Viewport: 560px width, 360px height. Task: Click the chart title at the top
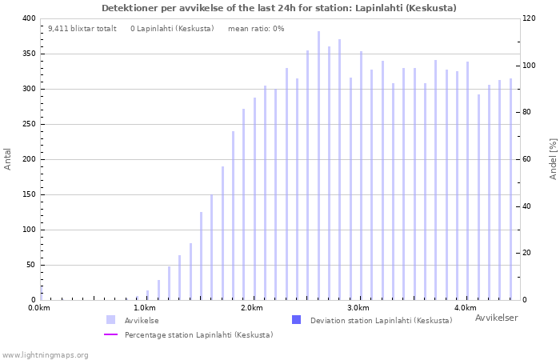pos(279,8)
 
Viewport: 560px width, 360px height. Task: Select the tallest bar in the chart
pos(318,166)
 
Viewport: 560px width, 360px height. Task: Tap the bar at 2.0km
pos(254,199)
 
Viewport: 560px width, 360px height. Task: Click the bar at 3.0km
pos(361,176)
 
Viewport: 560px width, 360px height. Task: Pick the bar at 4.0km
pos(467,181)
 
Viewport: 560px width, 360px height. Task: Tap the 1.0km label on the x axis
pos(146,308)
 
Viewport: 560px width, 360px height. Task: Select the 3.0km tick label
pos(359,308)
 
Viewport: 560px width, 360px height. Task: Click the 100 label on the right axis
pos(529,66)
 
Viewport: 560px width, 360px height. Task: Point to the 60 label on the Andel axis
pos(527,159)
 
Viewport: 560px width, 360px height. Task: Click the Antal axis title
pos(7,159)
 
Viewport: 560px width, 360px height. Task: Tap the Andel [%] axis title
pos(553,159)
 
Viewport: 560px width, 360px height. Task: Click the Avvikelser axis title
pos(497,318)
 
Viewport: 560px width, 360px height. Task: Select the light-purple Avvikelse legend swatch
pos(110,320)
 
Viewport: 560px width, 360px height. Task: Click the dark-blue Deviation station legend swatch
pos(297,320)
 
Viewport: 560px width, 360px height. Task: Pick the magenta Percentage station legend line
pos(110,334)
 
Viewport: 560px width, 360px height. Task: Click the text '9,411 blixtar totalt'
pos(82,29)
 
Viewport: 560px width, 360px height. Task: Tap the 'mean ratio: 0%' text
pos(256,29)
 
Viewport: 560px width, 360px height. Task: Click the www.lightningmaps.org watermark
pos(45,355)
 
